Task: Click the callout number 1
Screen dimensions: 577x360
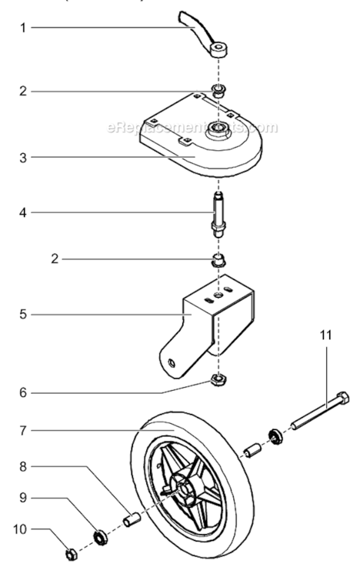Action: click(x=24, y=28)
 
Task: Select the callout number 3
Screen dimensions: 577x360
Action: click(x=24, y=157)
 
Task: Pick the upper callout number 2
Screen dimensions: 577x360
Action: click(x=24, y=92)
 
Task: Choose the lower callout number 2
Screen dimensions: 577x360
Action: click(x=54, y=259)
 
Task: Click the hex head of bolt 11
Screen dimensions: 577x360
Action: click(x=342, y=399)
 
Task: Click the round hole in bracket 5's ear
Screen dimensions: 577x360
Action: click(x=172, y=359)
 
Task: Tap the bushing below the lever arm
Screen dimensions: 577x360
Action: click(x=218, y=93)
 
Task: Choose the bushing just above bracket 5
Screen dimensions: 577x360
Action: click(x=218, y=259)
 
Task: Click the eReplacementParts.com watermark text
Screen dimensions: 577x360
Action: click(x=192, y=127)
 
